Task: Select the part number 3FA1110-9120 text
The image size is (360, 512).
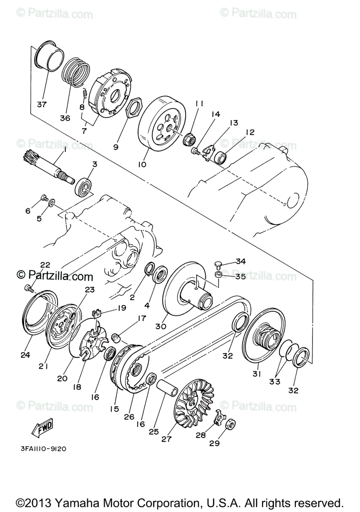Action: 42,448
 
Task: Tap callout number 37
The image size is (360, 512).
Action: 42,104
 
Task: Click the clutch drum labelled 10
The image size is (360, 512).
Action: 160,124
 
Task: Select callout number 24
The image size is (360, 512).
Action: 25,355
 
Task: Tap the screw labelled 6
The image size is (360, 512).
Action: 44,198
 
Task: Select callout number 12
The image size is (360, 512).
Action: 250,132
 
